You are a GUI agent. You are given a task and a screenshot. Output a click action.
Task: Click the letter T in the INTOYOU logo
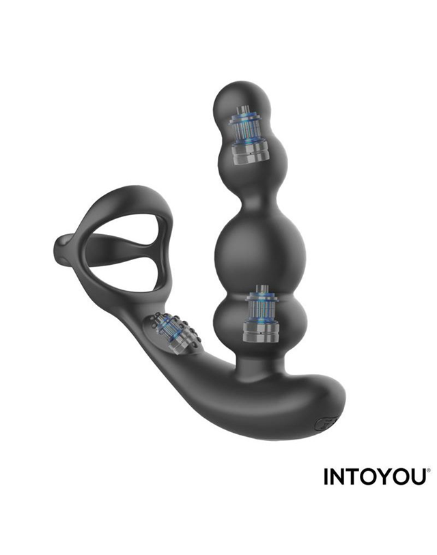350,476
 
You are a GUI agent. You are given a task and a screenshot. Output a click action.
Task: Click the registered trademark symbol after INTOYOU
429,471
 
